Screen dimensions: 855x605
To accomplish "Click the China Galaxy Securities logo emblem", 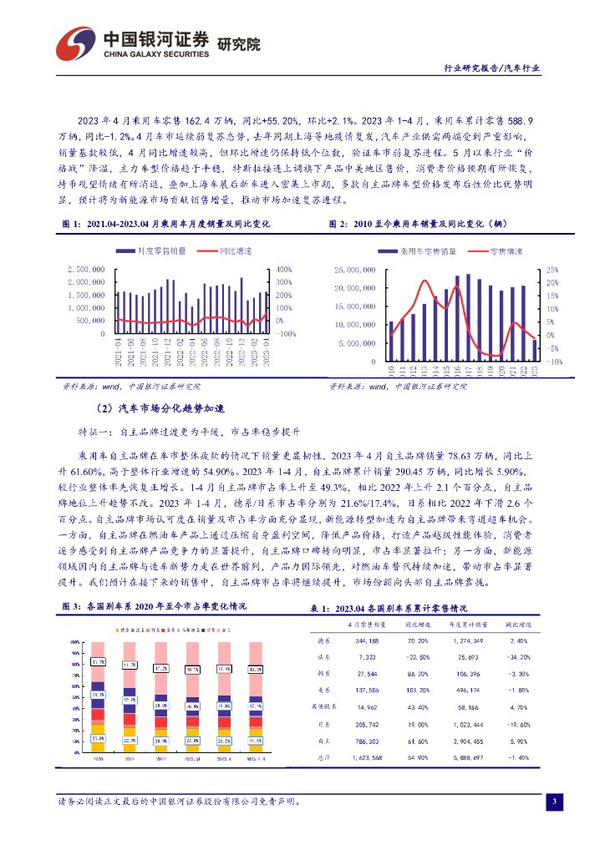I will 76,43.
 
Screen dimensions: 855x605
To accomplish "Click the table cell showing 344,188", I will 367,641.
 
